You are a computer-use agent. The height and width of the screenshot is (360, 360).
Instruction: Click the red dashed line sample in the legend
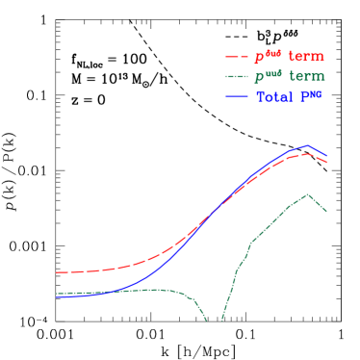(237, 57)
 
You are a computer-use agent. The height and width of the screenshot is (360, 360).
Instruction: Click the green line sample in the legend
(237, 77)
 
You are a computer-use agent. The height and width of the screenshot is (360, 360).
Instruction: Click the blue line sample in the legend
(237, 97)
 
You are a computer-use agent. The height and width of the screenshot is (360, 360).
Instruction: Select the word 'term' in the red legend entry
(305, 57)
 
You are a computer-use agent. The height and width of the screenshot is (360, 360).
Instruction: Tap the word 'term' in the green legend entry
(306, 77)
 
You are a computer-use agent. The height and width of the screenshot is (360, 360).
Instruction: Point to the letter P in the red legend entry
(259, 58)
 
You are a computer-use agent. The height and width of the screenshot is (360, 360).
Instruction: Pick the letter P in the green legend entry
(259, 78)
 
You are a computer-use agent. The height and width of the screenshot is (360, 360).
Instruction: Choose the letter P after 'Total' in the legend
(302, 97)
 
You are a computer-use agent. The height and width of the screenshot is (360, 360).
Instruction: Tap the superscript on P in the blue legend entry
(313, 93)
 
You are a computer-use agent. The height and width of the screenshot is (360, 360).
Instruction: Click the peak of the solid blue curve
(307, 145)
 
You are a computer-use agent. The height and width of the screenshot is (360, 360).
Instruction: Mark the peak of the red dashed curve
(304, 153)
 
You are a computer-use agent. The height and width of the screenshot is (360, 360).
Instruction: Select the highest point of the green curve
(308, 193)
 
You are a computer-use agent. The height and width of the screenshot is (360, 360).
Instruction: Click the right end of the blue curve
(327, 156)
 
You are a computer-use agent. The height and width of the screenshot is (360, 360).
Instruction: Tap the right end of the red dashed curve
(327, 163)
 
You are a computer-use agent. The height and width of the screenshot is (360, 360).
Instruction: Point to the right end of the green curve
(327, 211)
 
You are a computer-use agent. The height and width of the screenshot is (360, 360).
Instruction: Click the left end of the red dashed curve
(56, 272)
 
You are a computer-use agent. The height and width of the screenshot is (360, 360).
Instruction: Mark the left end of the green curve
(56, 294)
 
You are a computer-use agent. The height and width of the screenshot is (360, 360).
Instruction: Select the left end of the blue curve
(56, 297)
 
